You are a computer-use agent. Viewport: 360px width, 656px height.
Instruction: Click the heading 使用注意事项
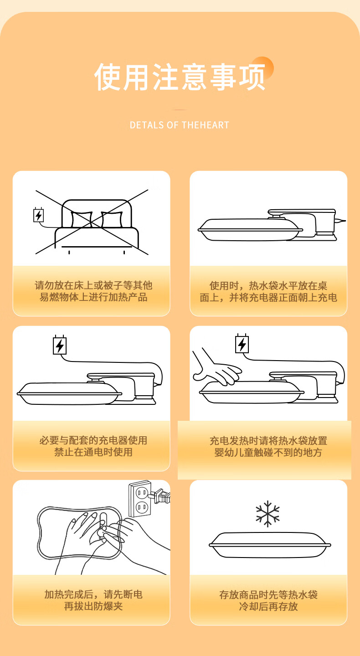point(180,77)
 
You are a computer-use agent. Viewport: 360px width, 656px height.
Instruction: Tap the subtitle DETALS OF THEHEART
point(180,125)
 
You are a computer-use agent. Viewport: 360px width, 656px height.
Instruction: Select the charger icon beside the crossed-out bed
point(38,215)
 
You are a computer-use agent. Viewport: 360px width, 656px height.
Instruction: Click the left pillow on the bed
point(82,219)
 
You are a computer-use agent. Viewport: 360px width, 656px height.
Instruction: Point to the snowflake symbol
point(267,514)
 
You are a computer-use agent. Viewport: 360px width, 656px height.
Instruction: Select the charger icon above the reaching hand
point(242,344)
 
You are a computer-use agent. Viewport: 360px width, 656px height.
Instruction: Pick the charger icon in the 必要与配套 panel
point(60,345)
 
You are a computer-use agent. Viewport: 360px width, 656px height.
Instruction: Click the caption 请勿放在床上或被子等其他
point(93,285)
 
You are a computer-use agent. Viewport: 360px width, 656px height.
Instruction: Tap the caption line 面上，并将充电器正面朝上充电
point(268,298)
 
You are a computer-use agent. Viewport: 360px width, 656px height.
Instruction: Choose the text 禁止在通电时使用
point(93,452)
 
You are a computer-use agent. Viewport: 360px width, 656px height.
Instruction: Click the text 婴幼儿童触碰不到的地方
point(268,453)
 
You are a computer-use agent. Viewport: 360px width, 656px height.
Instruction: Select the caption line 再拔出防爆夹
point(93,606)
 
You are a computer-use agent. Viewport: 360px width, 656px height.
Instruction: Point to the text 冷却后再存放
point(268,606)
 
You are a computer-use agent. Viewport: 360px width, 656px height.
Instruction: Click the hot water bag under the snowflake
point(270,545)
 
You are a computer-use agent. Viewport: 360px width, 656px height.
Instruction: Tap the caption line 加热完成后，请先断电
point(93,594)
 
